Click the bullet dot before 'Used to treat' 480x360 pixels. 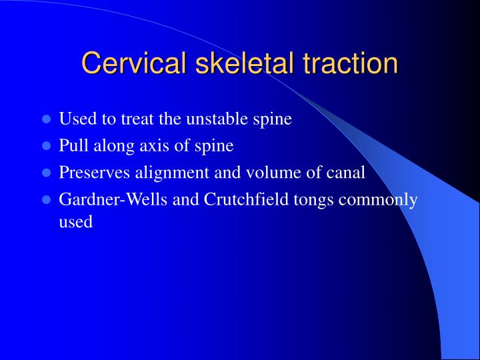[x=47, y=120]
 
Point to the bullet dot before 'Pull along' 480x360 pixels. [x=47, y=146]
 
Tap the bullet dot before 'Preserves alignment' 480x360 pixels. [x=47, y=173]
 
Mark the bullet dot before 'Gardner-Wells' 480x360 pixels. [x=47, y=199]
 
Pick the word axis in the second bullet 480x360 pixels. [x=151, y=146]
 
